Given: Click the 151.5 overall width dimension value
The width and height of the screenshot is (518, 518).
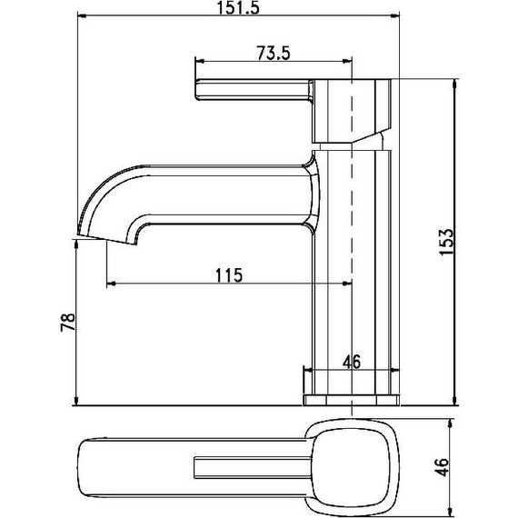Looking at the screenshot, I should click(237, 9).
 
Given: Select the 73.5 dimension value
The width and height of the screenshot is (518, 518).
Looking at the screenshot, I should click(273, 54).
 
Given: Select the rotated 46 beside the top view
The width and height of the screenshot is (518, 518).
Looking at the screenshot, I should click(442, 468).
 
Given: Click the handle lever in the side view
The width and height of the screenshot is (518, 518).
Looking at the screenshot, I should click(250, 94).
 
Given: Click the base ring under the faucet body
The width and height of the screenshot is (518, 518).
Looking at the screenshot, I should click(351, 400).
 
